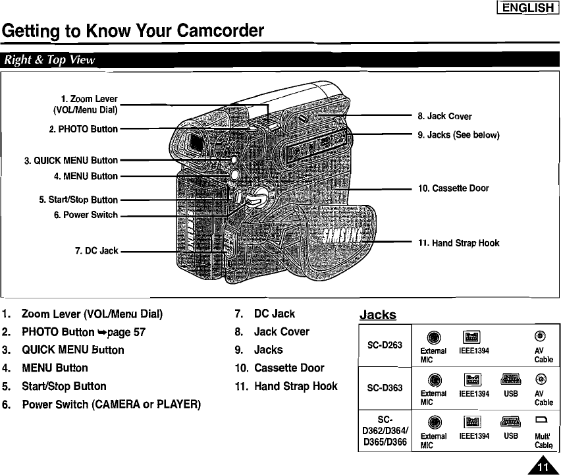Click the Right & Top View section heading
pos(50,61)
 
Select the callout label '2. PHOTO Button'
pos(83,128)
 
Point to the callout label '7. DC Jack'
pos(97,250)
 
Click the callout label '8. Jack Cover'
pos(444,117)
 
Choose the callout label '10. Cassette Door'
pos(454,188)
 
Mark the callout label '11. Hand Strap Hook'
pos(459,243)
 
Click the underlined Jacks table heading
pos(377,315)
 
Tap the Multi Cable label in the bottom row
pos(543,441)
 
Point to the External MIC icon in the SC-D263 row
pos(432,337)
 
